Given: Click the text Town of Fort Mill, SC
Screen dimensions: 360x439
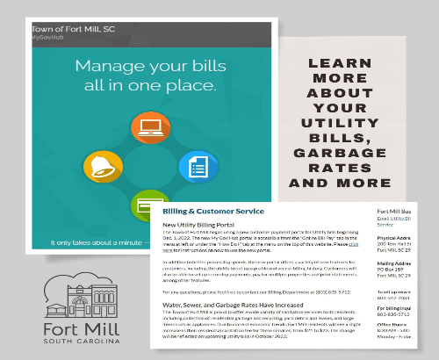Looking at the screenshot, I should [x=72, y=28].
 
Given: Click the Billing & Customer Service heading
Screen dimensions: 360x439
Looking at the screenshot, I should [x=214, y=212].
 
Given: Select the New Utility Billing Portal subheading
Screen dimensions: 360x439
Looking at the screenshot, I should [x=209, y=225].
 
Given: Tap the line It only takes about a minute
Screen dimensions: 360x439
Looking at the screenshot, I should [x=89, y=241].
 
